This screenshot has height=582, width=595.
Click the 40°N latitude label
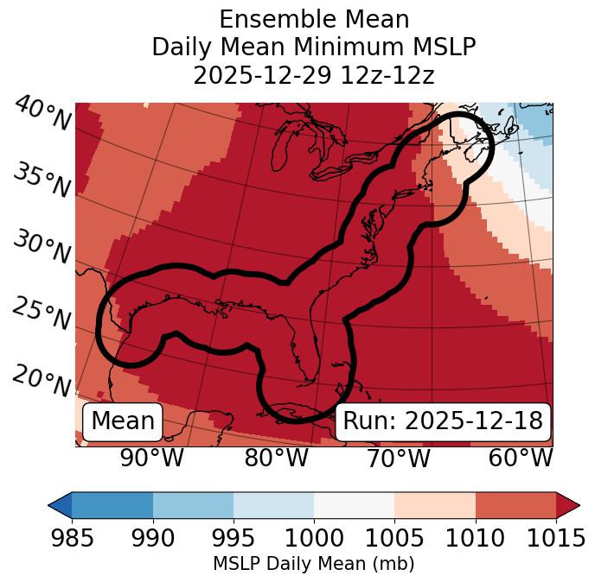pyautogui.click(x=42, y=115)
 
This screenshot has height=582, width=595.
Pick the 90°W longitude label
pyautogui.click(x=151, y=458)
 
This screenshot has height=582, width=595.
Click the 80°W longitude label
pyautogui.click(x=276, y=458)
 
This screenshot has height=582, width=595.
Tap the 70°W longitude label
pyautogui.click(x=398, y=458)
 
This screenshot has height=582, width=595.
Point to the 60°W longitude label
pyautogui.click(x=521, y=458)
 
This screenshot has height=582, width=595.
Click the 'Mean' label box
pyautogui.click(x=123, y=421)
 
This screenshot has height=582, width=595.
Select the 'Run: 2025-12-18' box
pyautogui.click(x=443, y=421)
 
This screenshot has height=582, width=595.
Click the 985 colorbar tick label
pyautogui.click(x=72, y=539)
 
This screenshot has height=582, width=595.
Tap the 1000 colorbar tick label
pyautogui.click(x=314, y=539)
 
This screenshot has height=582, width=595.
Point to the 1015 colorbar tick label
pyautogui.click(x=556, y=539)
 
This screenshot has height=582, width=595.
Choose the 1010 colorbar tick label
pyautogui.click(x=476, y=539)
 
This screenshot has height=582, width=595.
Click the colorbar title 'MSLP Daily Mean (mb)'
pyautogui.click(x=313, y=565)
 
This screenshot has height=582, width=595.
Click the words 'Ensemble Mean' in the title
pyautogui.click(x=313, y=19)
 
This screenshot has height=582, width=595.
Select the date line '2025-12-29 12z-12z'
pyautogui.click(x=313, y=75)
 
